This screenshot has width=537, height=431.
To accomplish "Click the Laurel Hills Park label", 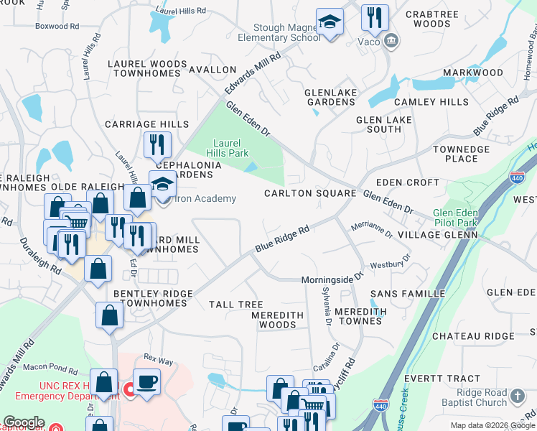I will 230,147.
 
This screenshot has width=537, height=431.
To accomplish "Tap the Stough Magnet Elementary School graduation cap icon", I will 330,23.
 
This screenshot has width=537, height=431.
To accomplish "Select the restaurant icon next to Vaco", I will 374,19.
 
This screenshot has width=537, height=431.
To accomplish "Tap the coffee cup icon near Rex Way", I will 146,381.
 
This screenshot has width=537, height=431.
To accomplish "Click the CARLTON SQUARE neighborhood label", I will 310,193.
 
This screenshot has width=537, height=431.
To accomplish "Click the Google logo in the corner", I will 24,422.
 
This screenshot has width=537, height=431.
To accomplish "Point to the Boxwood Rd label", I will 56,27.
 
